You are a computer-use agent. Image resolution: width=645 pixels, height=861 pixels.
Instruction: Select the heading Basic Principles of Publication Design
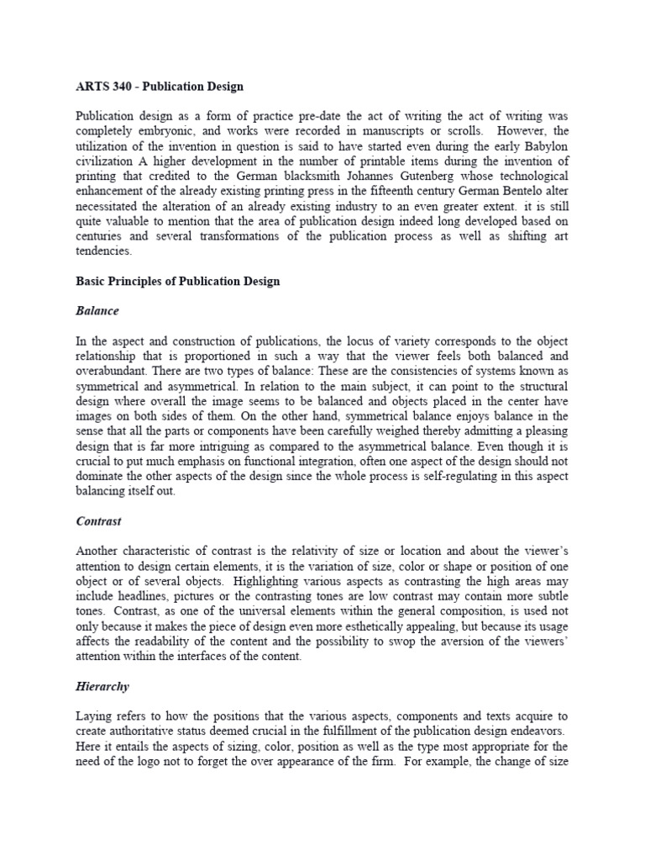click(177, 282)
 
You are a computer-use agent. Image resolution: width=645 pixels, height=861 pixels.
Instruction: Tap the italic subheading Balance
click(97, 311)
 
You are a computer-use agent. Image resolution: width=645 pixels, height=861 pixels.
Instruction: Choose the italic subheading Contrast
click(98, 521)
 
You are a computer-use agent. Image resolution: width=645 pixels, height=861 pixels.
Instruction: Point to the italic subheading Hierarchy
click(102, 686)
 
